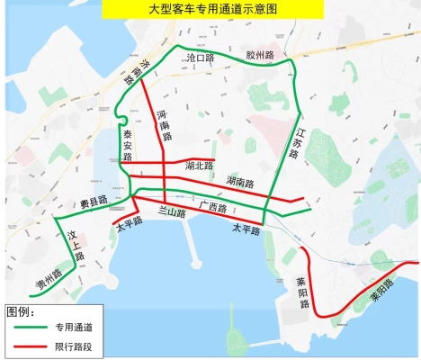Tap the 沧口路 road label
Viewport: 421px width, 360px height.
click(x=199, y=57)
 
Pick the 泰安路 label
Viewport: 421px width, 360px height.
click(x=127, y=144)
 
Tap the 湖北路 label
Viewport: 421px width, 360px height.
click(x=198, y=166)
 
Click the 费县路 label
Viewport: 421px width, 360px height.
click(x=93, y=200)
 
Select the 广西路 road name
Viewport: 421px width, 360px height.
click(x=212, y=207)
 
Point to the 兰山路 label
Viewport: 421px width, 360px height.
click(x=171, y=212)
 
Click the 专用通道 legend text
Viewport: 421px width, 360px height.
click(x=73, y=328)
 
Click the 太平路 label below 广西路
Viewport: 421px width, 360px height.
click(x=245, y=229)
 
